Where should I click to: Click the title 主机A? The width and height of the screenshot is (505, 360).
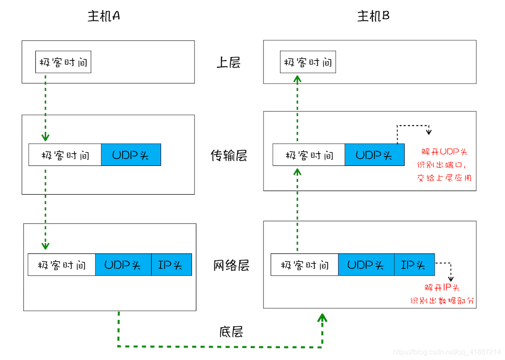(104, 16)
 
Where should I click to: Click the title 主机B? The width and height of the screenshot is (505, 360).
(373, 16)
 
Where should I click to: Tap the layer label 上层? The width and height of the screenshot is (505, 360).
(228, 62)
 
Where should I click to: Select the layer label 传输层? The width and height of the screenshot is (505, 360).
(229, 156)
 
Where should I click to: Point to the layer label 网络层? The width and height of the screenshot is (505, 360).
(231, 265)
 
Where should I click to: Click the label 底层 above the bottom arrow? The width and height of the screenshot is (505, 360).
(231, 332)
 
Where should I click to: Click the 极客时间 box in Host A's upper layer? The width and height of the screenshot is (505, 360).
(63, 62)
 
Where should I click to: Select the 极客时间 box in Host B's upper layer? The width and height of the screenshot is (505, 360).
(308, 62)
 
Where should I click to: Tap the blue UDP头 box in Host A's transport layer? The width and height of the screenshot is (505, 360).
(131, 155)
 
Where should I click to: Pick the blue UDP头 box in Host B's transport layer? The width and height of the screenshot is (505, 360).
(374, 155)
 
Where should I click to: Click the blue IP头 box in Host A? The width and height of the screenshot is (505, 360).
(172, 265)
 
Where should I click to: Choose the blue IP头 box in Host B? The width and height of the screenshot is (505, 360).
(414, 265)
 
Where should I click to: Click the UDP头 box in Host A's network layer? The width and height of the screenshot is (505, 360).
(123, 265)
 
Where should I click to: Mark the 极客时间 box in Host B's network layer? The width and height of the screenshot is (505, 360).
(304, 265)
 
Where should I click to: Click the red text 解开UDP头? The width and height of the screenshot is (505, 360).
(444, 152)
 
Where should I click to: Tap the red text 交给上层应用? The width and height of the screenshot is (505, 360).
(444, 178)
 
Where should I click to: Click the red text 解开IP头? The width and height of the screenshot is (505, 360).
(442, 287)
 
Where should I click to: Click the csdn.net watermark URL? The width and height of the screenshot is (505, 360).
(447, 352)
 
